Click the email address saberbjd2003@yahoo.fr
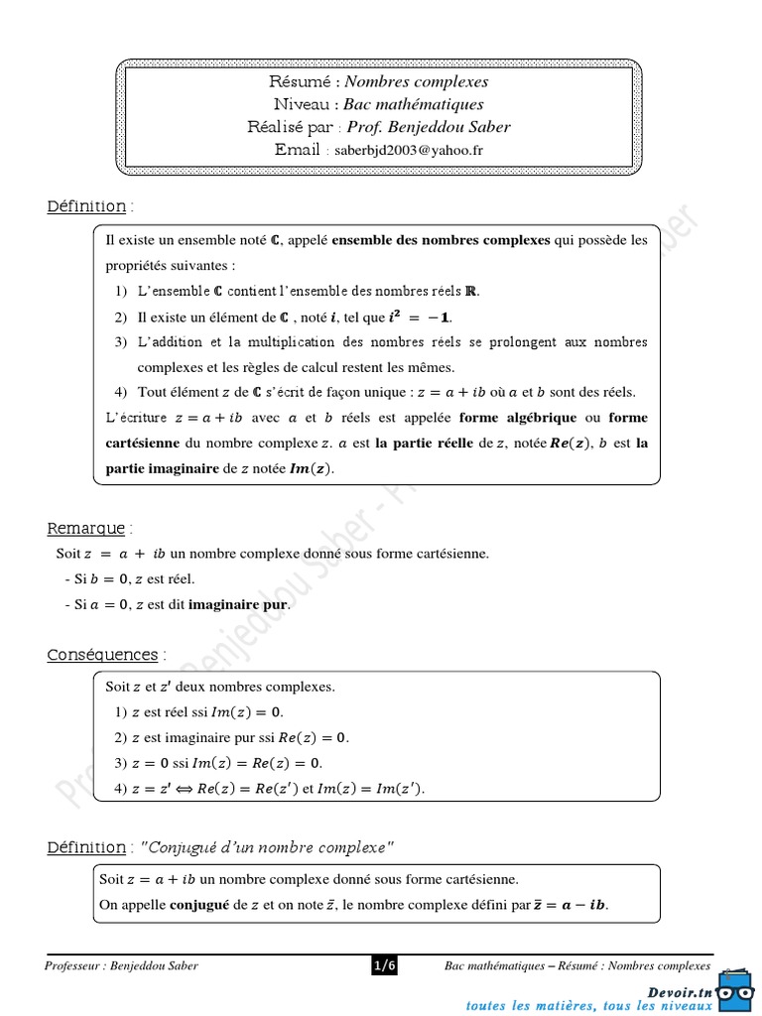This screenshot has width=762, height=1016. click(409, 150)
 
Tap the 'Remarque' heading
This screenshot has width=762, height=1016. click(86, 528)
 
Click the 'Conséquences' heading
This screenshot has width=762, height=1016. click(102, 655)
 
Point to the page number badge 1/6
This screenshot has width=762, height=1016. click(384, 965)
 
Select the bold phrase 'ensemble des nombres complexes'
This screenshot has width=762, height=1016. click(441, 240)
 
